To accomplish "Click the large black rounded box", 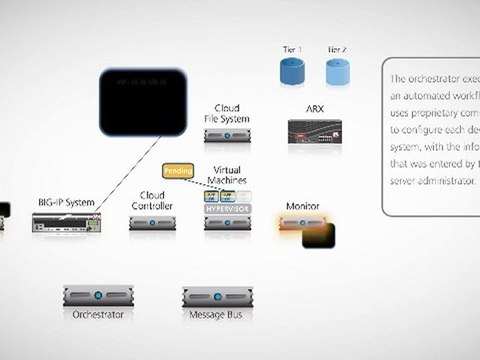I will pos(143,102).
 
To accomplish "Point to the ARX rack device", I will pos(315,130).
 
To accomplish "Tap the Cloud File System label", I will pos(227,113).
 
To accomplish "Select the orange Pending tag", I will pos(177,171).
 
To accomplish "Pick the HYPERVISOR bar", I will pos(227,210).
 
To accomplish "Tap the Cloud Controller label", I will pos(152,200).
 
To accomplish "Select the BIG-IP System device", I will pos(65,224).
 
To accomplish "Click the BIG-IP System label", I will pos(66,202).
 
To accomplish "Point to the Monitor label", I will pos(302,206).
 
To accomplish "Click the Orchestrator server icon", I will pos(98,296).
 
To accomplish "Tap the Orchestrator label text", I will pos(98,315).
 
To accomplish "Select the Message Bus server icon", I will pos(216,296).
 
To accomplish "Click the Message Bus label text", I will pos(216,315).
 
